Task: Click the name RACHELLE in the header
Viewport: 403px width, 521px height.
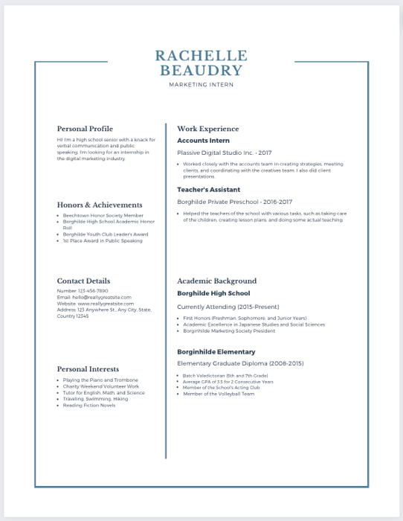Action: pos(201,56)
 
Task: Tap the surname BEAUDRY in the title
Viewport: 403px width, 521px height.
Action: pos(201,71)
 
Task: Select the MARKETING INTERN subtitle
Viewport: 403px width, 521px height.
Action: pos(201,85)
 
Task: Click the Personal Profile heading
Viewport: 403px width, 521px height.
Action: pos(85,129)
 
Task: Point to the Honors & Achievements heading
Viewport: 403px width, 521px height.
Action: pos(100,205)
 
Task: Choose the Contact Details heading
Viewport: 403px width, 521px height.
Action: pos(83,281)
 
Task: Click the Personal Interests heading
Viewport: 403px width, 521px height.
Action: pos(88,368)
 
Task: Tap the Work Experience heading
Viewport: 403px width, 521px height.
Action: pos(207,129)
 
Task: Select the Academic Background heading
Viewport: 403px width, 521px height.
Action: pos(216,281)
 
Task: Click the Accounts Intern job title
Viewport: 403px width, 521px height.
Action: pos(203,141)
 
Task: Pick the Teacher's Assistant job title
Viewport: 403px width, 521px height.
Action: pos(208,190)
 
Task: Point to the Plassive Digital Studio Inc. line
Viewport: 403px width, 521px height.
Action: pos(214,153)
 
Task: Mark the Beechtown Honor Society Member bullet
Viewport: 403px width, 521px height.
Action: pos(103,215)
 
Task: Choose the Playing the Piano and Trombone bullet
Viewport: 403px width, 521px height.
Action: pos(100,380)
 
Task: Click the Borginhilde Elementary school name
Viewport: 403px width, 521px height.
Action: pos(216,351)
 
